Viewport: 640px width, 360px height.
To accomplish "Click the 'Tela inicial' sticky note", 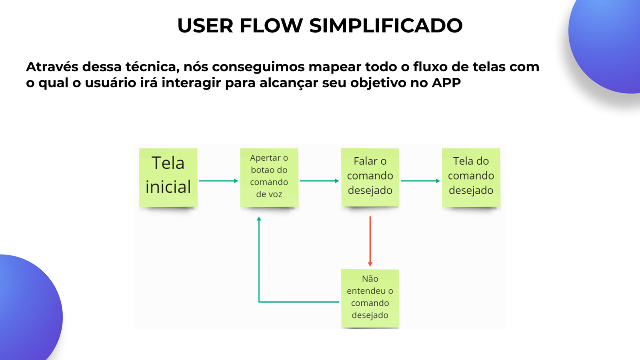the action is [168, 177].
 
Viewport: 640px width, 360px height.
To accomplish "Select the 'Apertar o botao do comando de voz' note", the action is [269, 177].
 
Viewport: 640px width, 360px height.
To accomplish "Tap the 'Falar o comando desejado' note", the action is [370, 177].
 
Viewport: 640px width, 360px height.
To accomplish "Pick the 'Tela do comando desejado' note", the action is [471, 177].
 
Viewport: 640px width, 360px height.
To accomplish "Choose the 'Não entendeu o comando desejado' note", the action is [370, 298].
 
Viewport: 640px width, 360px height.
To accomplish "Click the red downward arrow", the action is [370, 241].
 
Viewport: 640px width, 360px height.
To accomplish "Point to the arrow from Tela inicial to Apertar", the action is [219, 181].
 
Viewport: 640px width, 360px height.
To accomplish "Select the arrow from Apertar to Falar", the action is [320, 181].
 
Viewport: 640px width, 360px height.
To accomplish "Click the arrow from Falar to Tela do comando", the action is [420, 181].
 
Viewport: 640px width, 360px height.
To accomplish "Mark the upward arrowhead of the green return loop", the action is [259, 219].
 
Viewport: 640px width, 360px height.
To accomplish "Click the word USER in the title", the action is [205, 26].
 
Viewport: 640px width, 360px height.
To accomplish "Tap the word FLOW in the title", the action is [271, 26].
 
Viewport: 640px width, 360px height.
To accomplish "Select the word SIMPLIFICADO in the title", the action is [386, 26].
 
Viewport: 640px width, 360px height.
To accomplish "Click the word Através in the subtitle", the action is [52, 67].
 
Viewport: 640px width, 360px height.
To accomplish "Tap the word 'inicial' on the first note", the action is [168, 187].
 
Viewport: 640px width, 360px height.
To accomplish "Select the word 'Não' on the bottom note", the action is [370, 279].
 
